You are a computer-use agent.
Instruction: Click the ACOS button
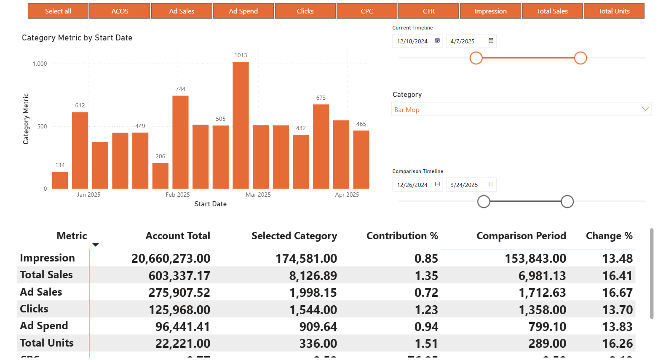point(120,11)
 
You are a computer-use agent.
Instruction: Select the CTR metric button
point(428,11)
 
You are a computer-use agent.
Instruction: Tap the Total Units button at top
point(614,11)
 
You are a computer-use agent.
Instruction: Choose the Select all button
point(58,11)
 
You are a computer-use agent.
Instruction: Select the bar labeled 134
point(60,180)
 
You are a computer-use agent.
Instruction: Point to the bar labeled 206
point(160,176)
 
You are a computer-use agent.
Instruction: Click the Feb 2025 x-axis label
point(178,195)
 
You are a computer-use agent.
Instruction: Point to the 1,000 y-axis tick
point(40,64)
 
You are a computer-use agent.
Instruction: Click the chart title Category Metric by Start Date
point(77,38)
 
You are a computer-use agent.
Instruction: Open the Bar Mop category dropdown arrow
point(645,109)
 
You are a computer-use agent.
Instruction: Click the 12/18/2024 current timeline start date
point(412,41)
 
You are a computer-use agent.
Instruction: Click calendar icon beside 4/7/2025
point(491,41)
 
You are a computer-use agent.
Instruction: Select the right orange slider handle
point(580,58)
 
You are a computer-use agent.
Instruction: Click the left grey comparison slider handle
point(484,202)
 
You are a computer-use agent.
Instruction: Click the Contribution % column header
point(402,236)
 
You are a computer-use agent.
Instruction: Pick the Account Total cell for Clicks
point(179,310)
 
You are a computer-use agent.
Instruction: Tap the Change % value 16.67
point(617,293)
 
